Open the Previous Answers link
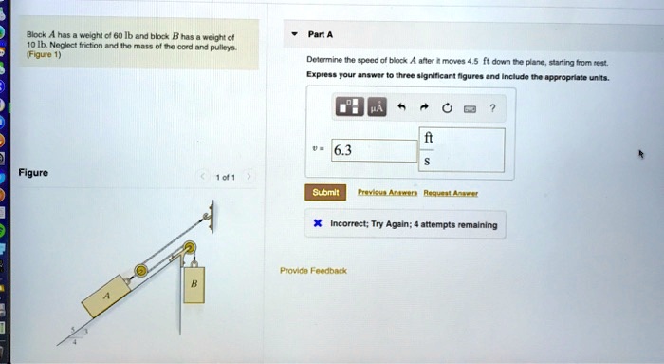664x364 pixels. click(382, 192)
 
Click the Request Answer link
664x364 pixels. click(451, 192)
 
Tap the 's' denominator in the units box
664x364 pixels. click(428, 162)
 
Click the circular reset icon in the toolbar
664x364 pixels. click(445, 106)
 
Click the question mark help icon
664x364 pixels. click(492, 106)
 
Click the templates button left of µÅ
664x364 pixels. click(347, 106)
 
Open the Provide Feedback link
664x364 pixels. click(313, 271)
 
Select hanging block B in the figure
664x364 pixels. click(194, 284)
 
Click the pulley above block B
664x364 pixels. click(190, 250)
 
